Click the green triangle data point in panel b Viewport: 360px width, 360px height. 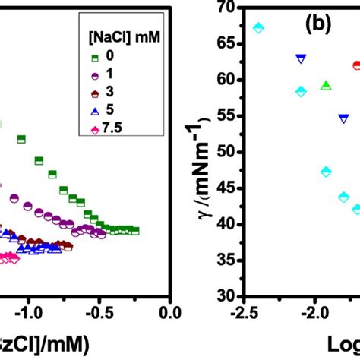(x=326, y=85)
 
